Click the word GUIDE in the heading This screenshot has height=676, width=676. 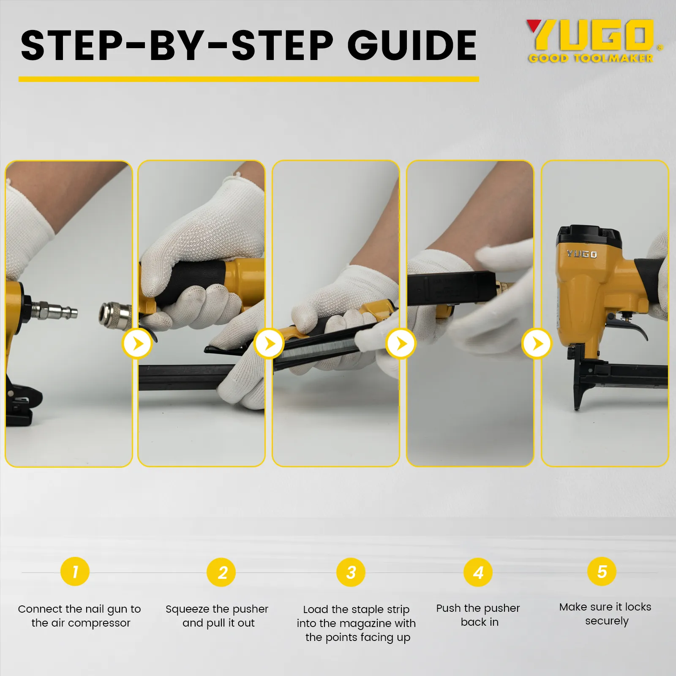tap(412, 45)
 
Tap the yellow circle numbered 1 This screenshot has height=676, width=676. tap(75, 572)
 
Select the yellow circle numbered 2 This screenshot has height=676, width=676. tap(221, 572)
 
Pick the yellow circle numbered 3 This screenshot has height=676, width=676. tap(351, 572)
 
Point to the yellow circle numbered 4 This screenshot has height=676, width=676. tap(478, 572)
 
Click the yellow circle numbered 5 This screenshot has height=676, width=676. tap(602, 572)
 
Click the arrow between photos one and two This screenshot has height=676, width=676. tap(137, 344)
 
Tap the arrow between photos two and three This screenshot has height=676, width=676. tap(269, 344)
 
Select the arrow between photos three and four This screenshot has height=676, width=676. tap(401, 344)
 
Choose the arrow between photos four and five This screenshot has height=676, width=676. tap(537, 344)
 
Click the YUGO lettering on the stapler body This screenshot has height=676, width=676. tap(582, 254)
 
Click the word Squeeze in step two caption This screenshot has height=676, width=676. tap(188, 609)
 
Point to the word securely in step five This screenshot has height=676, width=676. tap(607, 621)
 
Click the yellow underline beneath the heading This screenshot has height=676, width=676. tap(249, 79)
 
